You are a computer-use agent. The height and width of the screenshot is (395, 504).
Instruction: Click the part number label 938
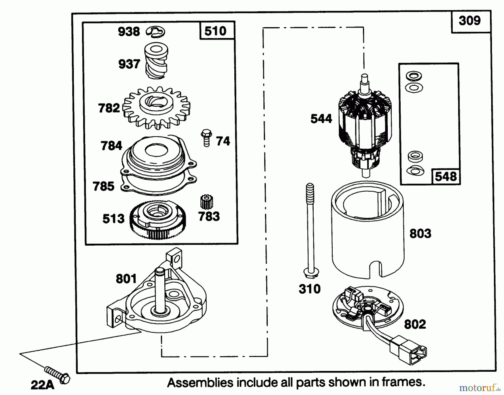tap(129, 32)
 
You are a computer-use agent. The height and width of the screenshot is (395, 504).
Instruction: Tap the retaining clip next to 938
tap(156, 32)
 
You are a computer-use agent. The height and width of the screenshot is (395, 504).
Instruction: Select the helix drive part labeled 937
tap(156, 61)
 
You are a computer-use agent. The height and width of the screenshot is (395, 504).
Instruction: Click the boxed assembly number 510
tap(215, 31)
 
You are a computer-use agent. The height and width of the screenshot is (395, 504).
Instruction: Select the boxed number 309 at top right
tap(470, 21)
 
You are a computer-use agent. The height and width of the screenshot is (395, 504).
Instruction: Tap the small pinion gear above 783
tap(207, 202)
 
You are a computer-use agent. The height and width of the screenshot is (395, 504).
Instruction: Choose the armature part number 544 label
tap(321, 119)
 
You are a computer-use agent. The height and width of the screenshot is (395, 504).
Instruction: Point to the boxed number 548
tap(446, 177)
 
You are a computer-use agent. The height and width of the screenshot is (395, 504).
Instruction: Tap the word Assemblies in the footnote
tap(200, 382)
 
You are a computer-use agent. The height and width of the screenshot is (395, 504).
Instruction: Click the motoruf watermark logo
tap(479, 388)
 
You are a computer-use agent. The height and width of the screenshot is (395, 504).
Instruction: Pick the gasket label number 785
tap(104, 186)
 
